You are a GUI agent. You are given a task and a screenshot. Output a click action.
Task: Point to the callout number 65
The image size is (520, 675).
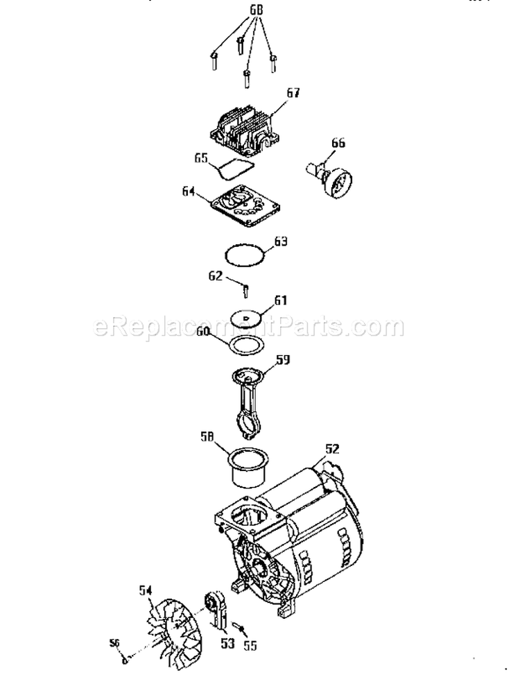click(202, 159)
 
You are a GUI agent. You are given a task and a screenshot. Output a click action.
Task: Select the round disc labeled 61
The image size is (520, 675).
click(246, 316)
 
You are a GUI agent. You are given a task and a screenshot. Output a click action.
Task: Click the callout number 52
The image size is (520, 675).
click(333, 448)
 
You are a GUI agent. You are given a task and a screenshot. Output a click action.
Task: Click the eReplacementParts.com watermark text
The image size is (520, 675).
click(249, 325)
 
